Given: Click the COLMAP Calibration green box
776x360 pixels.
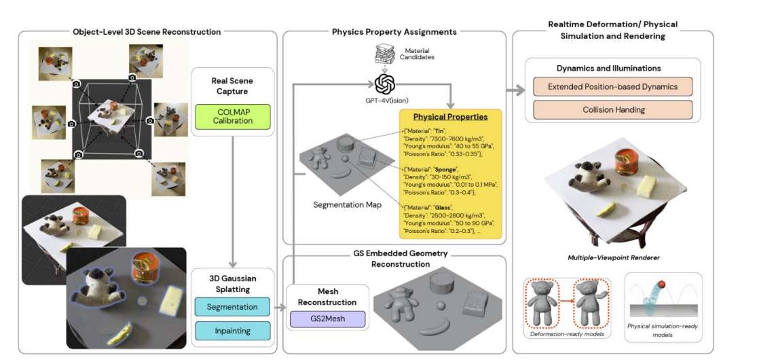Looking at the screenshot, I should pyautogui.click(x=233, y=115).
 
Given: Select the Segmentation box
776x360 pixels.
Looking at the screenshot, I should pyautogui.click(x=232, y=307).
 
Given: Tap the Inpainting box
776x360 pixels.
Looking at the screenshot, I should pyautogui.click(x=232, y=331).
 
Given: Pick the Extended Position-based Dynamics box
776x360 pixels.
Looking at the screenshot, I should pyautogui.click(x=612, y=87).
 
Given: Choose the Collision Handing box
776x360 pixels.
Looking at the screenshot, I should pyautogui.click(x=612, y=110).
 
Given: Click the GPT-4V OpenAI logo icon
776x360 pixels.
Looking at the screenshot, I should pyautogui.click(x=385, y=85).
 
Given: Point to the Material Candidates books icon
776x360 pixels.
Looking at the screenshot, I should pyautogui.click(x=384, y=54).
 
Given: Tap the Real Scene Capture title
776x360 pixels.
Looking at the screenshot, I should pyautogui.click(x=233, y=86).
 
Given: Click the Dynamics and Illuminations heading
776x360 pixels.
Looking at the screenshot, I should pyautogui.click(x=612, y=69).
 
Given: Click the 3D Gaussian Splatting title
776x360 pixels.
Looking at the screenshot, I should pyautogui.click(x=232, y=283).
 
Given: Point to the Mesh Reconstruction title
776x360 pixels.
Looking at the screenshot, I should pyautogui.click(x=328, y=297).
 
